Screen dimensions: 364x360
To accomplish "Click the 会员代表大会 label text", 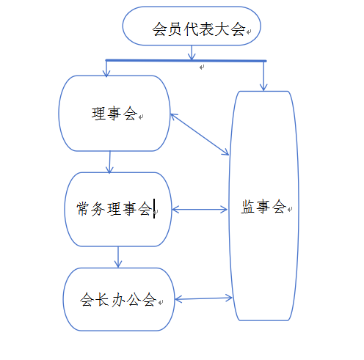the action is (x=199, y=29).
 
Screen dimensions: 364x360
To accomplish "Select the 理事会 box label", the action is (x=114, y=114).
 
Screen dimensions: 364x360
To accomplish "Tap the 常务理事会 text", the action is (x=114, y=209).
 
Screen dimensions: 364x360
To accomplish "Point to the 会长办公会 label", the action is (x=118, y=300).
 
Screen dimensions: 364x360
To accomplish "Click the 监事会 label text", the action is (x=263, y=207).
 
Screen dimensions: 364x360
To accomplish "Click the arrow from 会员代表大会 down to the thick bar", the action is (x=192, y=53).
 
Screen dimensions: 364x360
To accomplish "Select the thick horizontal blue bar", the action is (x=186, y=60).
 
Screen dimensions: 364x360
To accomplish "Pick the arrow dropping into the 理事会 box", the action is (x=106, y=69).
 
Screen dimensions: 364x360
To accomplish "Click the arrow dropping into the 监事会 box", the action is (x=263, y=76).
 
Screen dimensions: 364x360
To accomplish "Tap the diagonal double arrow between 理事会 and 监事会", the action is (x=200, y=134).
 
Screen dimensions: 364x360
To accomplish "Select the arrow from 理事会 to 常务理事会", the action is (x=109, y=162).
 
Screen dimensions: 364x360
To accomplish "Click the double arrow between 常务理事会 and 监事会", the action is (x=200, y=210).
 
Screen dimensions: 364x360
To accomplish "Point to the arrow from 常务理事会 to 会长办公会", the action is (x=118, y=257).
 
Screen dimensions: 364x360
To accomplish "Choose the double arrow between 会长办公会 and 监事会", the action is (x=203, y=298).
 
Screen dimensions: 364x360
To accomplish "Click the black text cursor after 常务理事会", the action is (x=154, y=208).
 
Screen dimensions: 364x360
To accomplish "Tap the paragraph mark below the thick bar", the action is (x=202, y=67).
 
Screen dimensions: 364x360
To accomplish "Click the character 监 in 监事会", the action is (x=248, y=207).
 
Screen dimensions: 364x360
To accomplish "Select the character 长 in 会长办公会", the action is (x=102, y=300).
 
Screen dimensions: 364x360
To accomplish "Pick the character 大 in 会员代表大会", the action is (x=222, y=29).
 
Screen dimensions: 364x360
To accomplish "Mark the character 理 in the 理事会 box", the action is (x=98, y=114).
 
